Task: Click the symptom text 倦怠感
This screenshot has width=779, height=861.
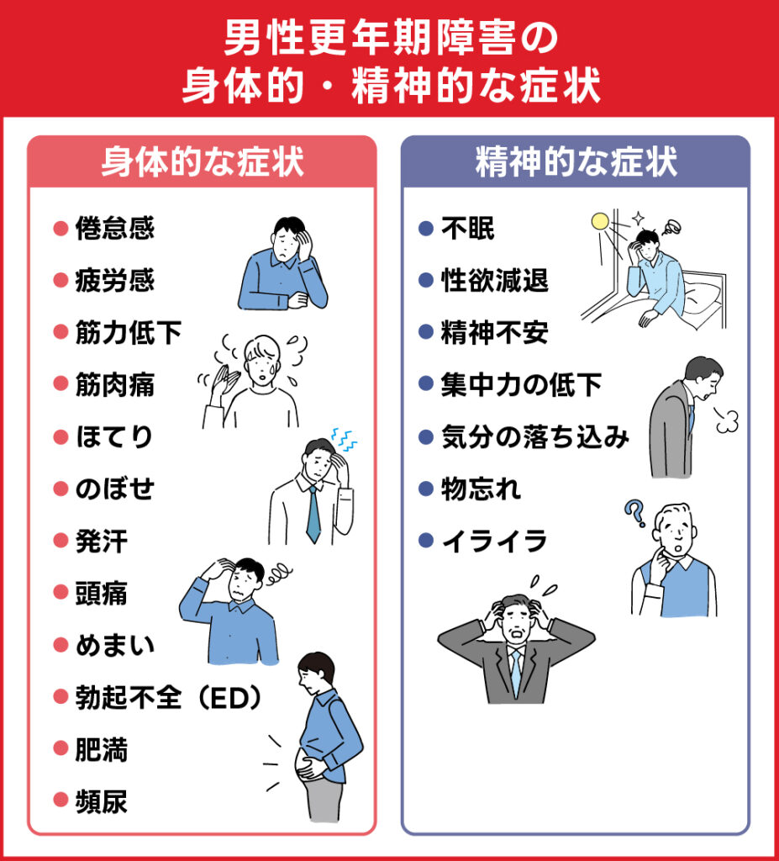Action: point(115,229)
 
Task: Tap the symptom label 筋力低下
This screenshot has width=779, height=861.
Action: point(128,333)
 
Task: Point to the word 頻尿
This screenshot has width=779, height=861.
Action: point(102,801)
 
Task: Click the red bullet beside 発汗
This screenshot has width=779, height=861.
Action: point(60,541)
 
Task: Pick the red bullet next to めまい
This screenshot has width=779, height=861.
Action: point(60,645)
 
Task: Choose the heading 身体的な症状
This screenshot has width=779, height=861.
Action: point(202,162)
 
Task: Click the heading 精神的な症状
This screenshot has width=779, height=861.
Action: point(576,162)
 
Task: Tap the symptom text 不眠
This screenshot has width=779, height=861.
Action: point(468,229)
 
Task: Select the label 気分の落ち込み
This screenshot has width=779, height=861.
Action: point(534,436)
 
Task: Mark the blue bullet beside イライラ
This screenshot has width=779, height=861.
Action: point(425,541)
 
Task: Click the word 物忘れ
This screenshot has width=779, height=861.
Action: point(481,489)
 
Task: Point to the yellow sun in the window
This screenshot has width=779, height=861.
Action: point(599,222)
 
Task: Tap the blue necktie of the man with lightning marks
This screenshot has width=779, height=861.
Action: point(313,513)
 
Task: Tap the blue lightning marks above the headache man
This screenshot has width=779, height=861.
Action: point(344,437)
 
